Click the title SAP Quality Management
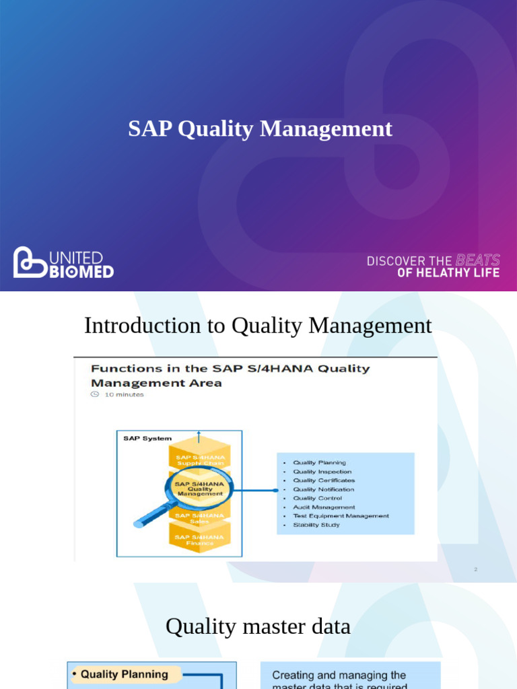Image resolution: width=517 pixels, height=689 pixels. (x=260, y=129)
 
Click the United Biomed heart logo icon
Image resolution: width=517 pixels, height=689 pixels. (x=30, y=262)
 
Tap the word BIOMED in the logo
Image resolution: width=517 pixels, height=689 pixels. (x=81, y=271)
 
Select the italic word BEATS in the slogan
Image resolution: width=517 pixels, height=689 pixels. (x=478, y=260)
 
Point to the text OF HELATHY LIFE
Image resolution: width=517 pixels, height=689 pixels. (x=448, y=273)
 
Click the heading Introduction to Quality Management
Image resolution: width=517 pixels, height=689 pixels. (x=258, y=326)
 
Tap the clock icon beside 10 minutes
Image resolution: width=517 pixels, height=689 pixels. (x=95, y=395)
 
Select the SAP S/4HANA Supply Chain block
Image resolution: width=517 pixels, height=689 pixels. (x=199, y=460)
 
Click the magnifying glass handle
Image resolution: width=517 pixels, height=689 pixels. (x=150, y=517)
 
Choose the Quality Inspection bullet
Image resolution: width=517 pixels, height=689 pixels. (x=322, y=472)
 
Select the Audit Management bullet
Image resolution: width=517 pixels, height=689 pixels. (x=324, y=507)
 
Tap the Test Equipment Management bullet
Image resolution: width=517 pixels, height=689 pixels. (x=341, y=516)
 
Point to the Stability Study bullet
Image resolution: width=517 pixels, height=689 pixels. (x=316, y=525)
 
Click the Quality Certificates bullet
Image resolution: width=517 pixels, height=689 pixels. (x=324, y=480)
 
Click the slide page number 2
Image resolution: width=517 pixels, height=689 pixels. (x=475, y=570)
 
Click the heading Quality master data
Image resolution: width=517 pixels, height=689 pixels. (x=258, y=627)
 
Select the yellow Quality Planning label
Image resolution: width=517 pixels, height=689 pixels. (x=124, y=674)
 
